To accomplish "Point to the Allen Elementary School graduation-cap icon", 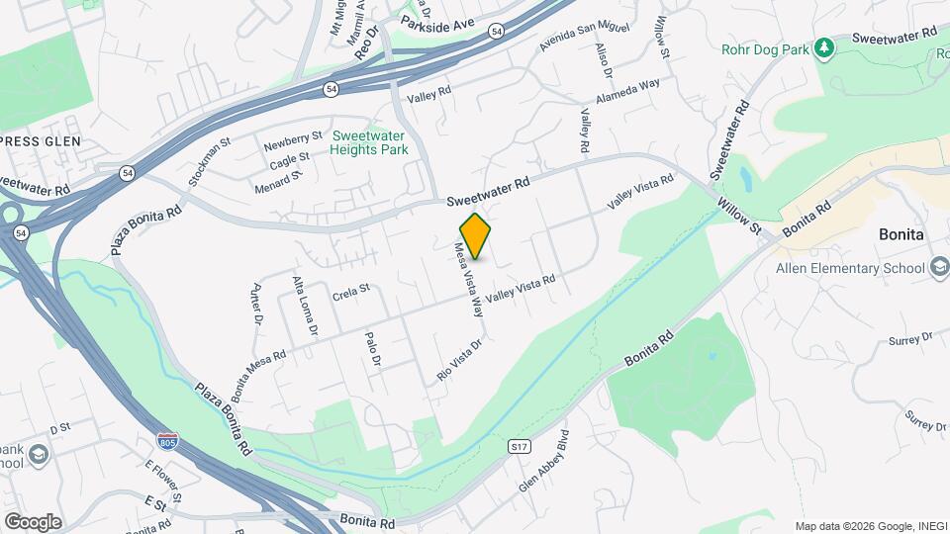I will pyautogui.click(x=938, y=268).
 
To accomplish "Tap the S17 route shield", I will pyautogui.click(x=519, y=447).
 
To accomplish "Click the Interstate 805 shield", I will pyautogui.click(x=168, y=438).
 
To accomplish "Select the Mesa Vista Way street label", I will pyautogui.click(x=469, y=280).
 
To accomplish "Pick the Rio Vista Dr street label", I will pyautogui.click(x=459, y=361).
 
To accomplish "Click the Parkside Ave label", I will pyautogui.click(x=438, y=22).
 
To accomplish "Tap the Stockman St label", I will pyautogui.click(x=210, y=162).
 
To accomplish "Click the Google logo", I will pyautogui.click(x=33, y=522).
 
